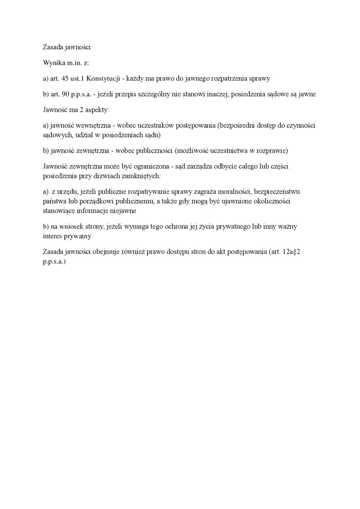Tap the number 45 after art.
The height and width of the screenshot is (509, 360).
pos(66,78)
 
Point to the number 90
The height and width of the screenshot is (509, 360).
pos(66,94)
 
